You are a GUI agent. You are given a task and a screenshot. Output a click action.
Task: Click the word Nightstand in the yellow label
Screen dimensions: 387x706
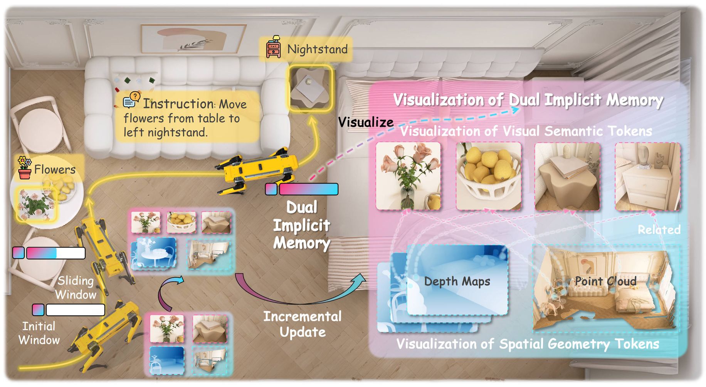(317, 49)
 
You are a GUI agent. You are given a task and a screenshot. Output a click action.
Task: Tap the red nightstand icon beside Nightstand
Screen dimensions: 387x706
(274, 48)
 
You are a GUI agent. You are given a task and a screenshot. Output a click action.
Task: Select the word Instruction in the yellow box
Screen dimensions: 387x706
(178, 104)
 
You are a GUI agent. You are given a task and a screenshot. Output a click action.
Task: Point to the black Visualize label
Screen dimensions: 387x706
(365, 122)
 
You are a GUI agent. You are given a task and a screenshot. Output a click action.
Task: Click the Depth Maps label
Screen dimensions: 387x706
(457, 281)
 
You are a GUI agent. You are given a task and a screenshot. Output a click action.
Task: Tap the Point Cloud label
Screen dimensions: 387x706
(605, 281)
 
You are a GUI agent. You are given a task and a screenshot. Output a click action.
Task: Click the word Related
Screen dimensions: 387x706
(659, 230)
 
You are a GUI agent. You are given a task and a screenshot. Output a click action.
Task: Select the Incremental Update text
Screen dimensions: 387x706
(303, 324)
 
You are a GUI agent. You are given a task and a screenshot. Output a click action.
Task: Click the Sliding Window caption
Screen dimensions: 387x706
(76, 288)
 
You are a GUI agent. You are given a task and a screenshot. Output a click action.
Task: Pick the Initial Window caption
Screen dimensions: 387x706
(39, 333)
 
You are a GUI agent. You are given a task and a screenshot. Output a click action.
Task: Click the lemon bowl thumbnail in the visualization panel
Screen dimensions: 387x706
(488, 176)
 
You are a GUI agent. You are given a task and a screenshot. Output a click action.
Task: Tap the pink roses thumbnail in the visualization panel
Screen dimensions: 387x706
(408, 176)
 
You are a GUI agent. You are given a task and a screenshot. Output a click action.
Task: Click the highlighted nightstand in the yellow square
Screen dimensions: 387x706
(310, 89)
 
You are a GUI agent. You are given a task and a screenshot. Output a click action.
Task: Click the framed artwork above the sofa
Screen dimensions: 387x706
(193, 39)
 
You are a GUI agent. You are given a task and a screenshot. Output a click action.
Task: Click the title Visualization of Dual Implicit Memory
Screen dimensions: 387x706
(528, 100)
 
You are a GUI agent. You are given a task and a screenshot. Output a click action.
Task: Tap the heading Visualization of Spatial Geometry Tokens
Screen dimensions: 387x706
(528, 344)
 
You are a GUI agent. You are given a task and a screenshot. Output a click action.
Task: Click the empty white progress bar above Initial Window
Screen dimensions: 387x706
(76, 310)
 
